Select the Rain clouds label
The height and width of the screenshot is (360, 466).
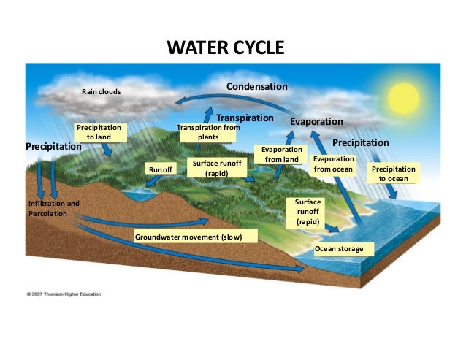(x=101, y=92)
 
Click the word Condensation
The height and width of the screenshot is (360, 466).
(x=256, y=87)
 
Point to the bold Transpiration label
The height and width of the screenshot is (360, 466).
(x=245, y=118)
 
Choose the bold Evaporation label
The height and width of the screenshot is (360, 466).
(x=316, y=121)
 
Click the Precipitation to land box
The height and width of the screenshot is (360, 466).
(x=100, y=132)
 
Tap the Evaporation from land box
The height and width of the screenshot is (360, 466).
(x=282, y=155)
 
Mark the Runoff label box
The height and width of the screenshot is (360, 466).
(x=160, y=169)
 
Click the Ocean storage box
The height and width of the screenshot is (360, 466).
(x=339, y=249)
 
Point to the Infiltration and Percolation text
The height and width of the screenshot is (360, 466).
(x=53, y=208)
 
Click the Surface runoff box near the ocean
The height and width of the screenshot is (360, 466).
(x=303, y=211)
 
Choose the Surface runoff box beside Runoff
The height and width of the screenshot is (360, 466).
(x=217, y=169)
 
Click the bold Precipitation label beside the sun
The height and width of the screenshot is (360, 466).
(x=361, y=142)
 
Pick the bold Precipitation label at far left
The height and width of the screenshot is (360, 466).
(x=53, y=147)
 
